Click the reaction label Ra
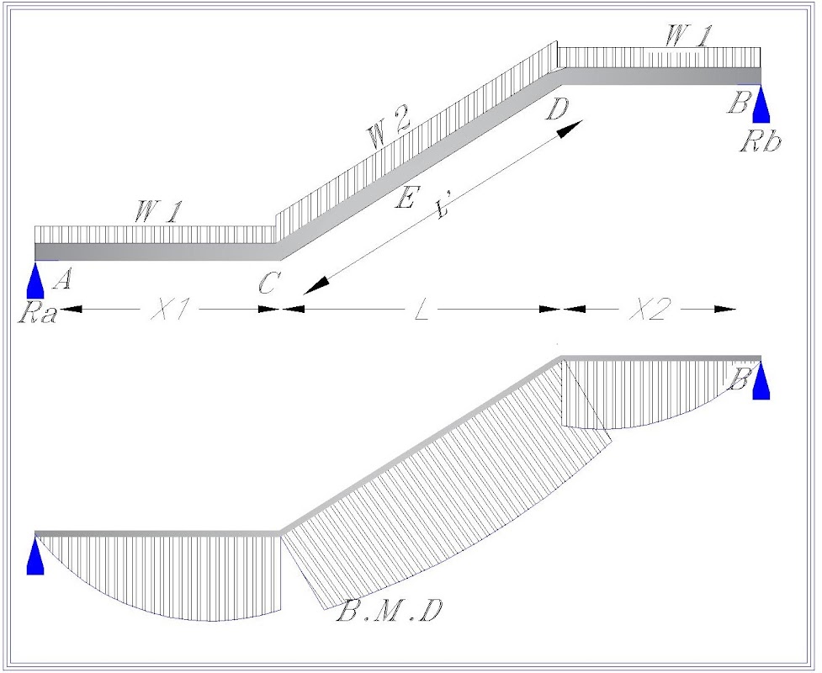coord(35,315)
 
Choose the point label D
coord(555,108)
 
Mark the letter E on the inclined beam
coord(406,199)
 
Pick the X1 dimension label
coord(169,310)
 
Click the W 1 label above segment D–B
coord(688,35)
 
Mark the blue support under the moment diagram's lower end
coord(35,558)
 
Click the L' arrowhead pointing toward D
coord(570,129)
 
